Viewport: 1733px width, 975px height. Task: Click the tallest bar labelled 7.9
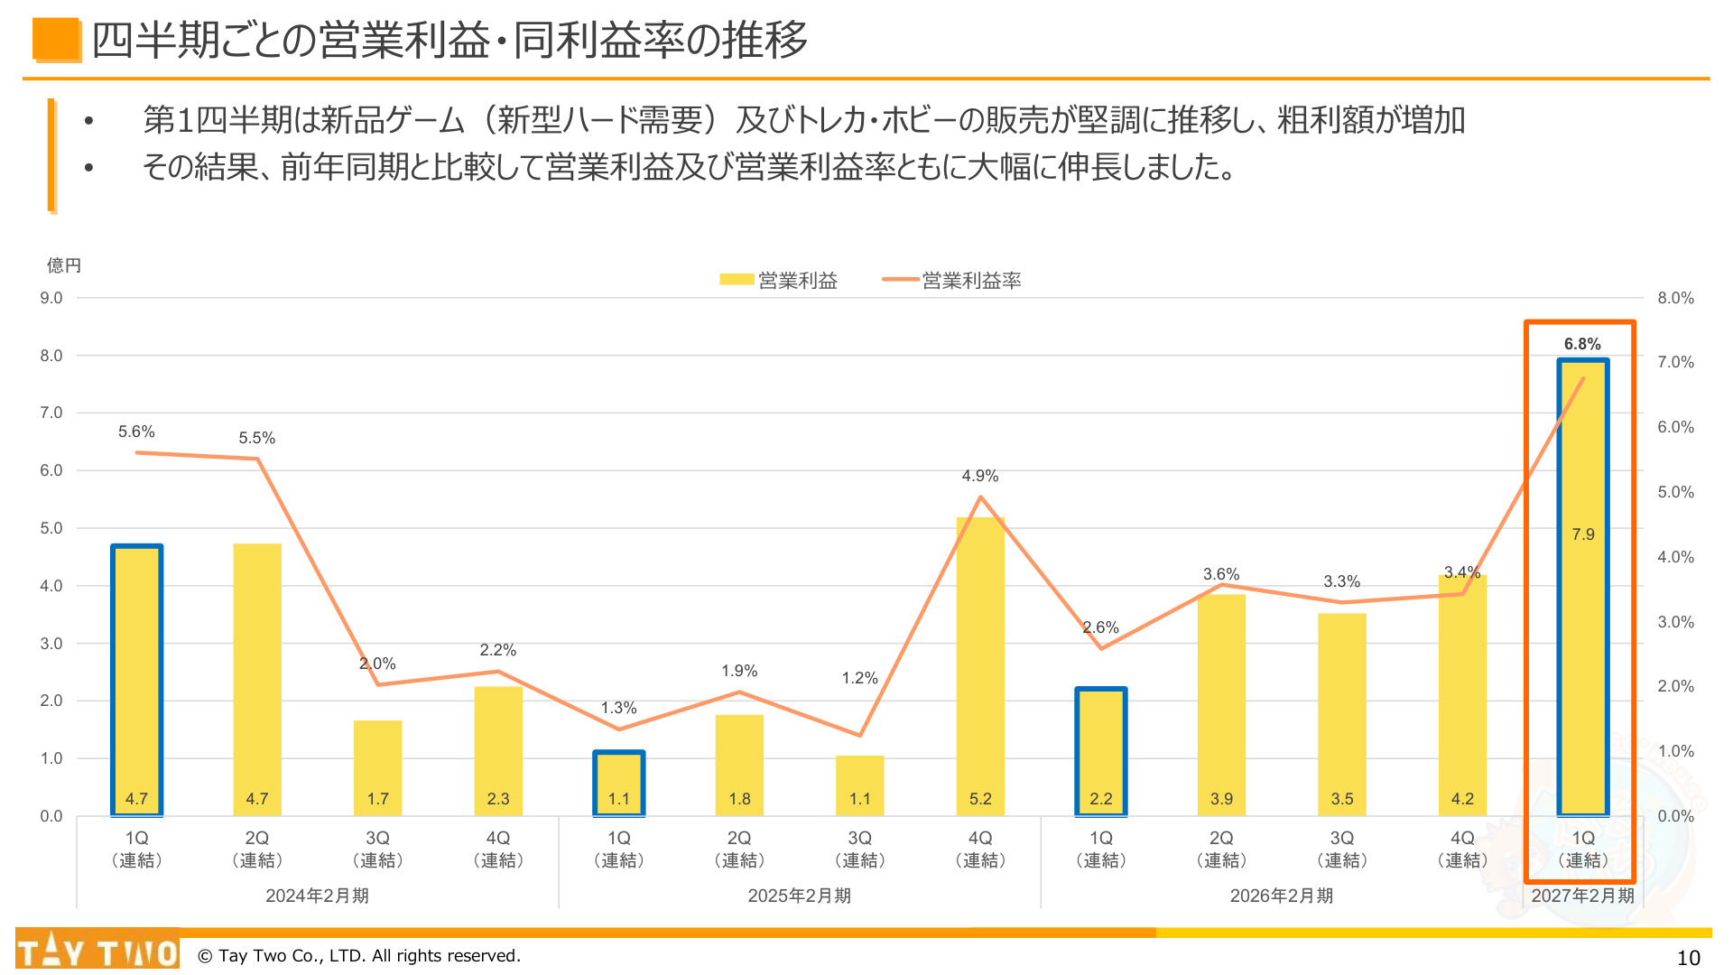[1582, 587]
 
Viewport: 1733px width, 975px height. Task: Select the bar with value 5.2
[980, 666]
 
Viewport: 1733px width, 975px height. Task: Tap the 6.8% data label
[1582, 344]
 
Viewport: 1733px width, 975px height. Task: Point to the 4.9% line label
[980, 476]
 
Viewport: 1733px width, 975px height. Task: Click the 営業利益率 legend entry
[951, 281]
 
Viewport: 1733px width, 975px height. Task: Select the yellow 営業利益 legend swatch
[737, 280]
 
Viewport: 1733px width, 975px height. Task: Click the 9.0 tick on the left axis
[51, 298]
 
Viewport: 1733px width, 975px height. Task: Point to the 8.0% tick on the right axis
[1675, 298]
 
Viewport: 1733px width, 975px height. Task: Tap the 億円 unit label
[64, 265]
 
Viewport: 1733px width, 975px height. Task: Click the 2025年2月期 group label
[799, 896]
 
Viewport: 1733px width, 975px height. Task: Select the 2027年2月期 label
[1582, 896]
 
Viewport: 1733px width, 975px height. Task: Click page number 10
[1688, 958]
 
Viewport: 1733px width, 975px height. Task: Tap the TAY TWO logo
[97, 950]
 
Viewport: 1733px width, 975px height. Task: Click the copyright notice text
[359, 956]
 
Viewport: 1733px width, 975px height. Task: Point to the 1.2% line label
[859, 678]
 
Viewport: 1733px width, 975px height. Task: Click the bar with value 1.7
[377, 768]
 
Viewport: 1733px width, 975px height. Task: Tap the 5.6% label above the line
[136, 432]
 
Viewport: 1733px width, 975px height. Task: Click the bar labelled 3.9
[1221, 705]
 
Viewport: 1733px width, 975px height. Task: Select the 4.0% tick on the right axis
[1675, 557]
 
